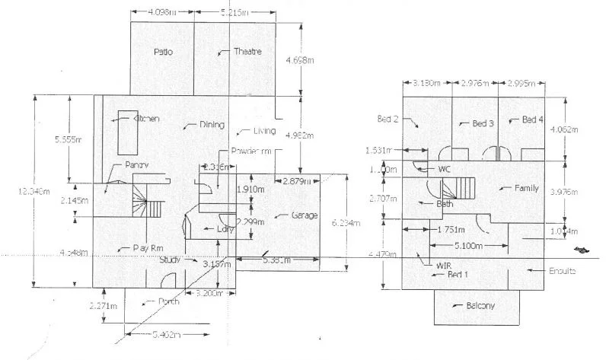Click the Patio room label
click(163, 53)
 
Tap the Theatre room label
click(248, 52)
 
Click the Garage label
click(304, 215)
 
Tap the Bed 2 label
click(388, 119)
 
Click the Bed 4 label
click(533, 120)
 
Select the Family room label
click(527, 188)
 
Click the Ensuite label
click(563, 271)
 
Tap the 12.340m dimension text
click(18, 192)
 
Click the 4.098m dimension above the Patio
click(161, 13)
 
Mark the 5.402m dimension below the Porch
click(167, 333)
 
